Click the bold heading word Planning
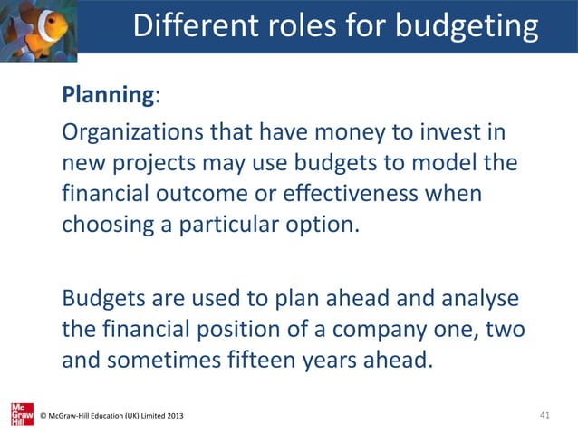click(104, 96)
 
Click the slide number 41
click(544, 415)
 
